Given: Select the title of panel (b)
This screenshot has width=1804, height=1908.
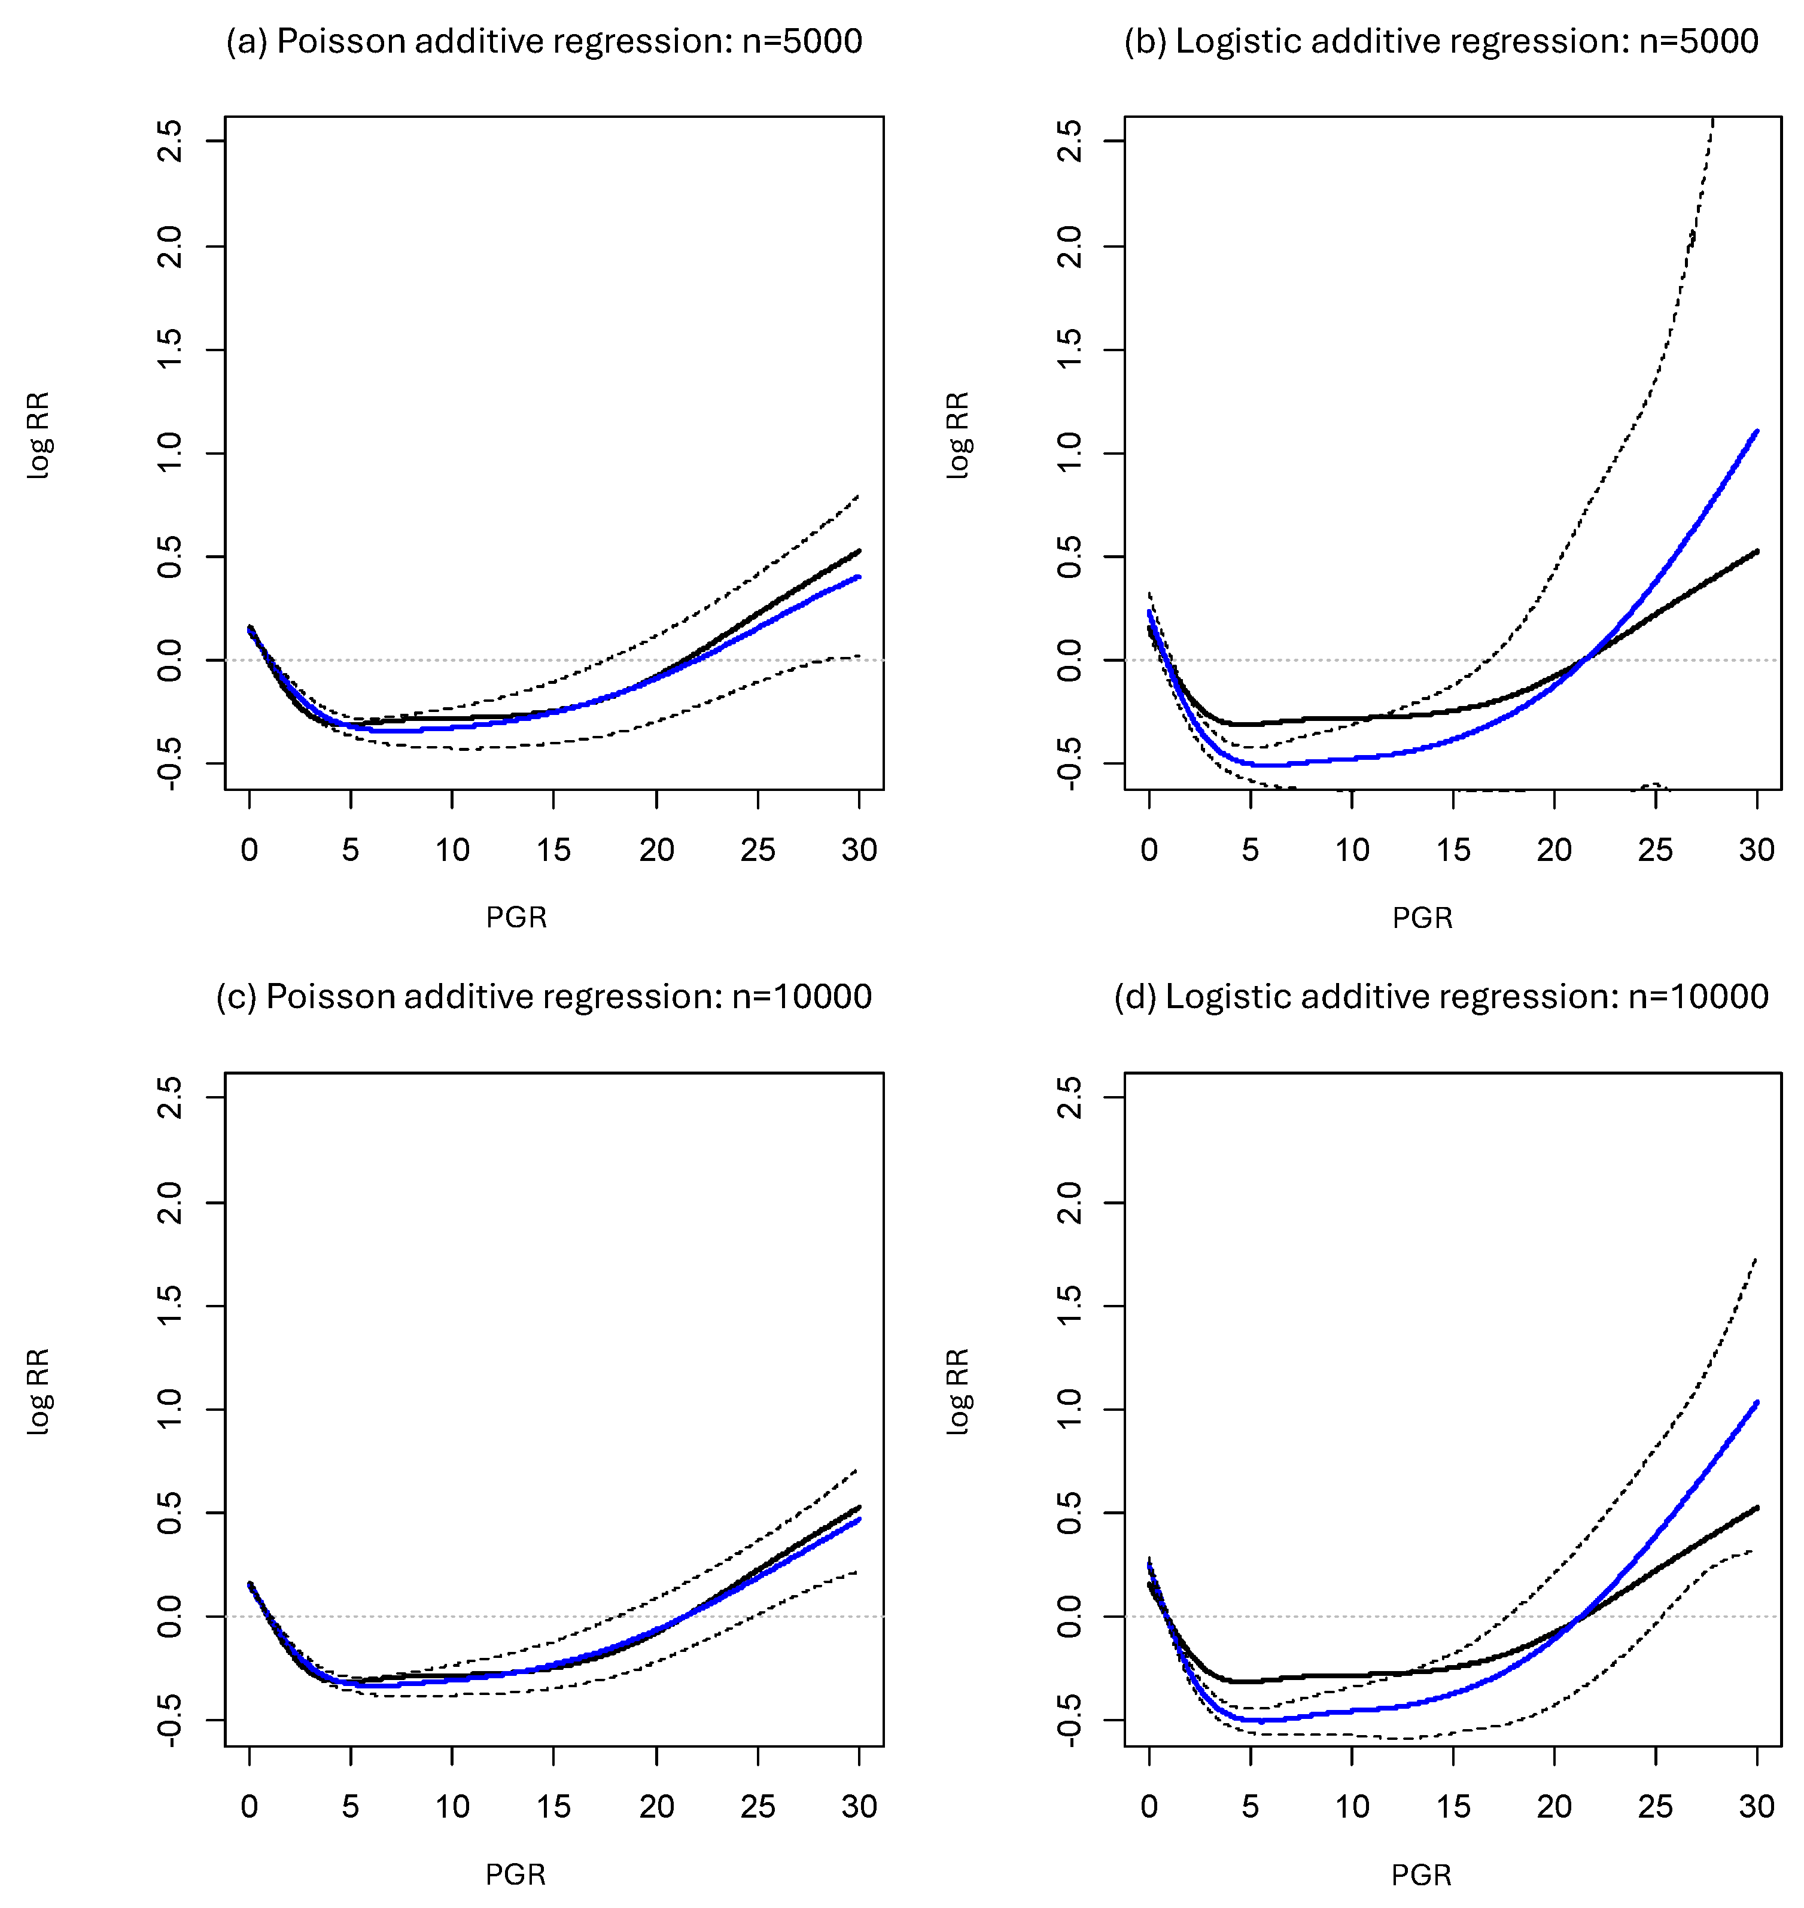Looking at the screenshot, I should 1441,41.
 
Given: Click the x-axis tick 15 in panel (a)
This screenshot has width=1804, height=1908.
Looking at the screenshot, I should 554,850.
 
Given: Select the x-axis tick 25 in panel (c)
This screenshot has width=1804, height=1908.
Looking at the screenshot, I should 758,1807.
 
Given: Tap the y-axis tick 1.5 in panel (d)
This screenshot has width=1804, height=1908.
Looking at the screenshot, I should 1069,1306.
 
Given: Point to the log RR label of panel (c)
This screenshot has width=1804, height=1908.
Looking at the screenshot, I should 38,1392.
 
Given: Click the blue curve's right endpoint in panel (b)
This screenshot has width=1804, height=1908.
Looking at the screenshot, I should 1757,431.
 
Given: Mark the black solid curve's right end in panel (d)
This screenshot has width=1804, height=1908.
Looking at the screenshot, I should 1757,1507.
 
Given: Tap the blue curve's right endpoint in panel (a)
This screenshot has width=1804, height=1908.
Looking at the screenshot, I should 859,577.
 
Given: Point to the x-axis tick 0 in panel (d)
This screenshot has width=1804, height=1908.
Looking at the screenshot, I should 1149,1807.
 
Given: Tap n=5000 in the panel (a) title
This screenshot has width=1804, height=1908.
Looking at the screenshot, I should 802,41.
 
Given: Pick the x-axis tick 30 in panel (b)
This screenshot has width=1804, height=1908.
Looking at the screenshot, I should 1757,850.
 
